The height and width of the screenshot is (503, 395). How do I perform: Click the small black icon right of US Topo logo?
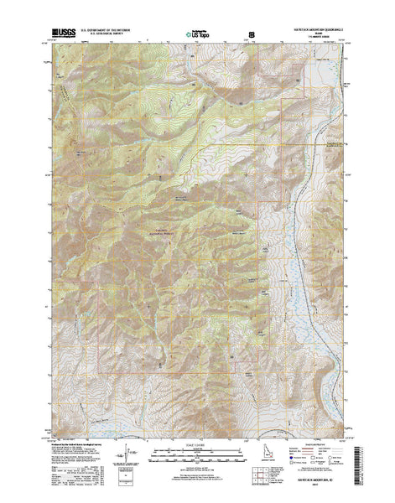click(252, 34)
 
